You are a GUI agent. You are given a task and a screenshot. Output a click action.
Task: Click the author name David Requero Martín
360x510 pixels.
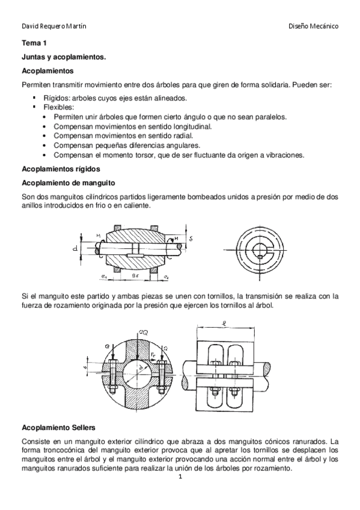point(54,26)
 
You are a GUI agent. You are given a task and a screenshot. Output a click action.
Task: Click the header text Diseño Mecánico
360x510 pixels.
point(313,26)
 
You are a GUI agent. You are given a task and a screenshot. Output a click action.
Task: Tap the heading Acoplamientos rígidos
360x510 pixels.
point(61,169)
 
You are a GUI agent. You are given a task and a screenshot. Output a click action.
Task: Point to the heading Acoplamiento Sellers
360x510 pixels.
point(58,427)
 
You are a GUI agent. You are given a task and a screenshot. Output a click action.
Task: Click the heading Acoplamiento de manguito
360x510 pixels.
point(69,183)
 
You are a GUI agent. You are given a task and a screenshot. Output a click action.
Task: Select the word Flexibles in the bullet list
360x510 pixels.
point(58,107)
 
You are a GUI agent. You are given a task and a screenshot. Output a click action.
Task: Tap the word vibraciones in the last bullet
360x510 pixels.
point(284,155)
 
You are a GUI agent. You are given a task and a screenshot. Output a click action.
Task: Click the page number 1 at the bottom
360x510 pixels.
point(181,477)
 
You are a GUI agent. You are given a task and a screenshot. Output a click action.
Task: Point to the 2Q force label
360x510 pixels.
point(143,333)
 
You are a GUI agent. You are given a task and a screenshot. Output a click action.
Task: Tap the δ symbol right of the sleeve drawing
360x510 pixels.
point(191,239)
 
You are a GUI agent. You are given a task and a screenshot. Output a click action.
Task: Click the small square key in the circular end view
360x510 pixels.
point(260,257)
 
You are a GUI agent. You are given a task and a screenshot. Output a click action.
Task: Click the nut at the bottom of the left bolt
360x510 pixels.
point(113,389)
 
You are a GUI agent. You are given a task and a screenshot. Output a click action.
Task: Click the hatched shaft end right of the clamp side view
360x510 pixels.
point(266,369)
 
